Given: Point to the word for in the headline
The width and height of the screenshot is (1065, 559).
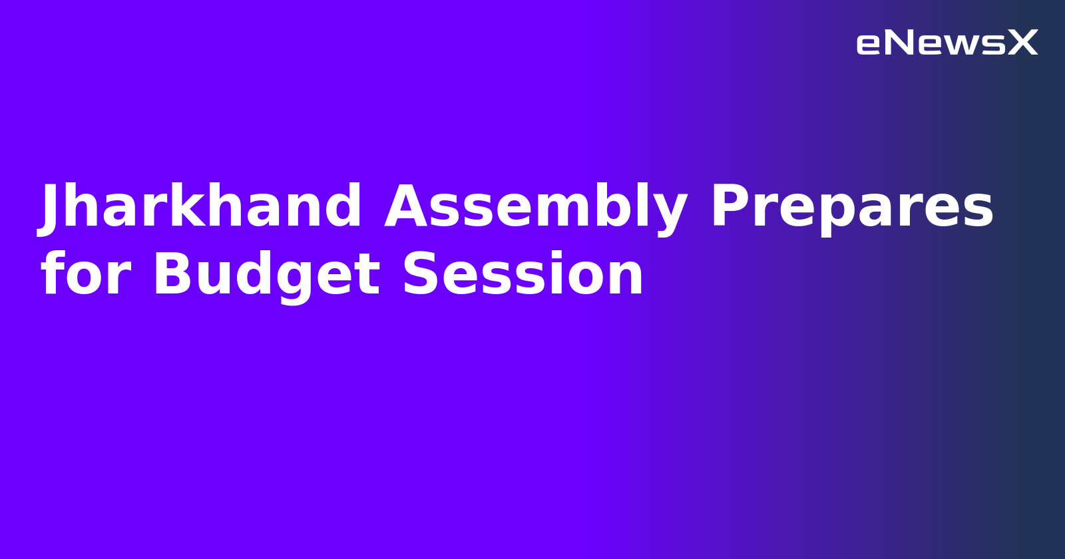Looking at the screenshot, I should [x=85, y=274].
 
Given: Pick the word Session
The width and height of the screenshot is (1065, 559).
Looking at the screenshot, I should [x=523, y=274].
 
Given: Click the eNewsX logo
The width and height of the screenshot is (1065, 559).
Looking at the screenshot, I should [x=947, y=43].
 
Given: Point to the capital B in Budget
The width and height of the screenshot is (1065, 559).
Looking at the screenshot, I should [x=172, y=274].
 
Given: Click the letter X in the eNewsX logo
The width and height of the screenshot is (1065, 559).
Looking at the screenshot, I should [x=1022, y=43].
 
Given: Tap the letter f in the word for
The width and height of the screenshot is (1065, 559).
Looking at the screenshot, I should [x=52, y=274].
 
